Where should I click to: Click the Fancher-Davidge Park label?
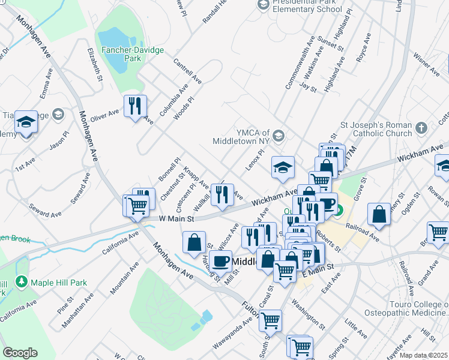[x=132, y=54]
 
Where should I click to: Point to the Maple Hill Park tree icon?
[x=22, y=281]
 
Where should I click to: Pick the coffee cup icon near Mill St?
[x=220, y=261]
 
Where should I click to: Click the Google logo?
[x=20, y=353]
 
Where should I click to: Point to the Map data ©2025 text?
[x=423, y=355]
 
